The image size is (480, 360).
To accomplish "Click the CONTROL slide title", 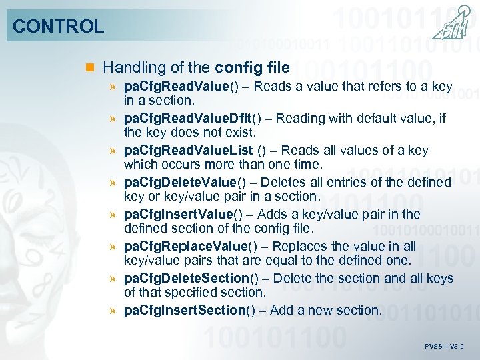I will [x=59, y=27].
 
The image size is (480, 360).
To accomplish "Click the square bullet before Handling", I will [x=91, y=68].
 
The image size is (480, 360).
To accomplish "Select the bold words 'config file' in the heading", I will [x=253, y=67].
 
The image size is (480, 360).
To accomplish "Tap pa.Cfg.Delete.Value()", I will [x=181, y=183].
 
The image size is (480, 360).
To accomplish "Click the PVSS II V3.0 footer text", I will [x=444, y=347].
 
